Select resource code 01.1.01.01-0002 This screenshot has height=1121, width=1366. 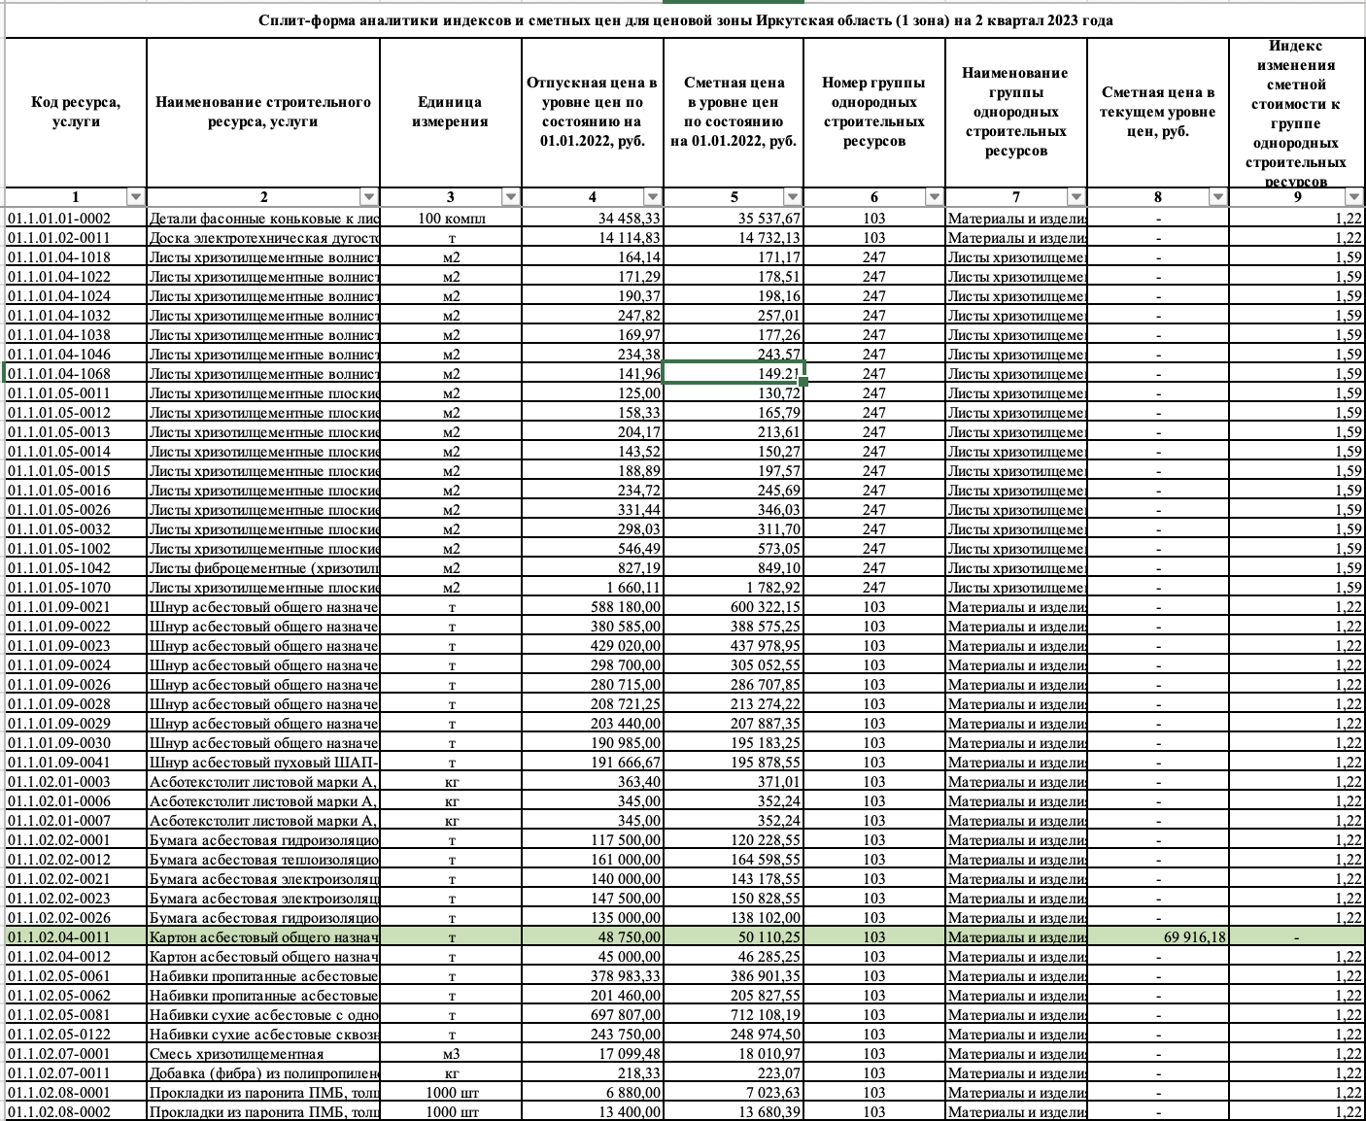(x=59, y=219)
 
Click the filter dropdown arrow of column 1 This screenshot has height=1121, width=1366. (x=135, y=197)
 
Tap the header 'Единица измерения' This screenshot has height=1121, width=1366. (x=451, y=112)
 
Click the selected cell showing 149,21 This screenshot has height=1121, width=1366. (x=734, y=374)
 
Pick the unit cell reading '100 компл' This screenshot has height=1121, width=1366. (x=451, y=219)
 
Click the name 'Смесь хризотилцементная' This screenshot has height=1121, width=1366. (x=236, y=1054)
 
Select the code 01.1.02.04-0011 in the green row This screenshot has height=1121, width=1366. (x=59, y=937)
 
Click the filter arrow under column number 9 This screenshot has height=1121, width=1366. (x=1353, y=197)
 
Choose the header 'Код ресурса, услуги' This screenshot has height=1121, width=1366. (x=76, y=112)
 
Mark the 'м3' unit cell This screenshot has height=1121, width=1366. (x=451, y=1054)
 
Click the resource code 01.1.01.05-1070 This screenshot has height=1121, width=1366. (x=59, y=588)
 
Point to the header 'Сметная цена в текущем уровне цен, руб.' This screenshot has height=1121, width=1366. (x=1158, y=112)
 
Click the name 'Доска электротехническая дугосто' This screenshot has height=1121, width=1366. (x=263, y=238)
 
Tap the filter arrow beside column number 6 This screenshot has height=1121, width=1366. (x=934, y=197)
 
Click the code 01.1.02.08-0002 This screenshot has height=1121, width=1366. (x=59, y=1112)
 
